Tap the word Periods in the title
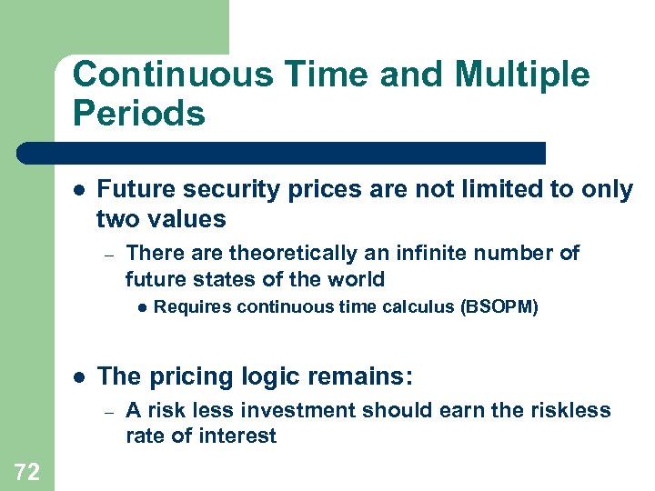pyautogui.click(x=138, y=114)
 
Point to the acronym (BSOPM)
pyautogui.click(x=500, y=307)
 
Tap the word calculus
pyautogui.click(x=422, y=307)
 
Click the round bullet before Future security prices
pyautogui.click(x=79, y=190)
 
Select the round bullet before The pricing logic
pyautogui.click(x=79, y=376)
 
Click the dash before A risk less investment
pyautogui.click(x=107, y=411)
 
